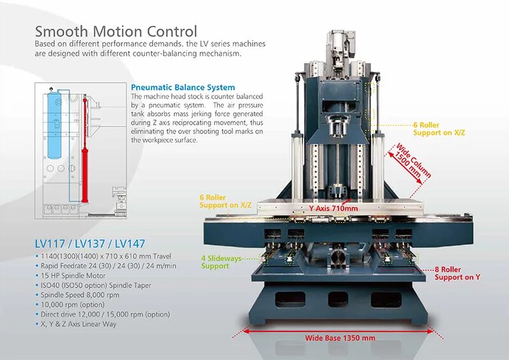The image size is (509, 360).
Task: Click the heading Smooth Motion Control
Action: pyautogui.click(x=116, y=31)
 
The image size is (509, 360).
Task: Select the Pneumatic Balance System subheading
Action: pyautogui.click(x=183, y=87)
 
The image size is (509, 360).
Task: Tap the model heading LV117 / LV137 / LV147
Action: pyautogui.click(x=90, y=244)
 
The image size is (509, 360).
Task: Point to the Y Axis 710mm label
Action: pyautogui.click(x=333, y=208)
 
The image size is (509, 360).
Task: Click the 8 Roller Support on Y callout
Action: pyautogui.click(x=457, y=273)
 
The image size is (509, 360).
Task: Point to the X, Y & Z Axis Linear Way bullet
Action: pyautogui.click(x=82, y=324)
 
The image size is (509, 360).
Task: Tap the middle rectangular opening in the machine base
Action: pyautogui.click(x=338, y=298)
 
